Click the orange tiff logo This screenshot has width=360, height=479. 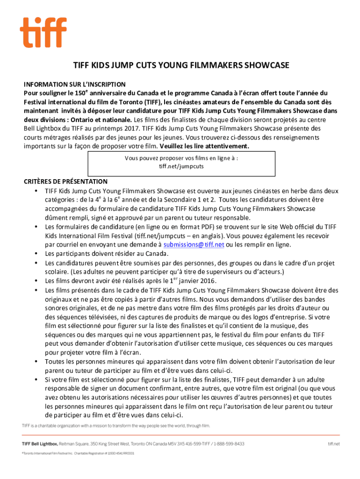(43, 32)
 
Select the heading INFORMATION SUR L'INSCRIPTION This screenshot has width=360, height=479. (75, 85)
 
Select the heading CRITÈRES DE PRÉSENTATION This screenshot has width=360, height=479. (66, 181)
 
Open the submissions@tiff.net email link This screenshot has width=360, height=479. (194, 245)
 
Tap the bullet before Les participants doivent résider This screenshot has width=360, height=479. (36, 254)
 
